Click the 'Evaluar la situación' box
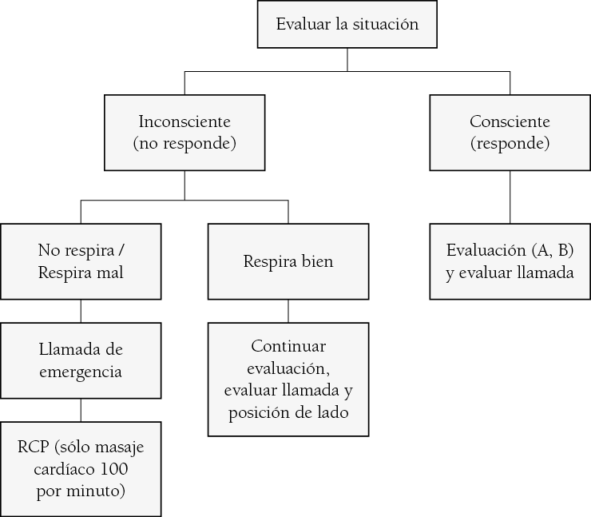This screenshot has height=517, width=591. coord(347,25)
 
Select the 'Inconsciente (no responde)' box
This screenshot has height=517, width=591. coord(184,133)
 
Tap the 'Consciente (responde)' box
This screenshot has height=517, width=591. coord(510,133)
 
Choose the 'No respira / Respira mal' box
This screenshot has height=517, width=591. coord(81,261)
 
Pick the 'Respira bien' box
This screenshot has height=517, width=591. coord(288,261)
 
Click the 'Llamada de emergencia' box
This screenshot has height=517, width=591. coord(81,360)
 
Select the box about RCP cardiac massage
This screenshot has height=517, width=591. coord(81,468)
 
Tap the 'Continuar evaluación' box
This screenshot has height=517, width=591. coord(288,380)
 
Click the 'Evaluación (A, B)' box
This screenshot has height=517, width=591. coord(510,261)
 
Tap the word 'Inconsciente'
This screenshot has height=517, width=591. coord(184,122)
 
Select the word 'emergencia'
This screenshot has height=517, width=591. coord(81,372)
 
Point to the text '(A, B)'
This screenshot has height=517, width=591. coord(554,250)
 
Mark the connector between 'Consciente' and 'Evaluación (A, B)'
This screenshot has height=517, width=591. coord(510,197)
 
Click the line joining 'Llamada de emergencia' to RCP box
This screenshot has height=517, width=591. coord(81,410)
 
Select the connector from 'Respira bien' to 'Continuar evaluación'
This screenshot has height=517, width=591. coord(288,311)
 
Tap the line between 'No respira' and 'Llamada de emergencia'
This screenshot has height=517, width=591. coord(81,311)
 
